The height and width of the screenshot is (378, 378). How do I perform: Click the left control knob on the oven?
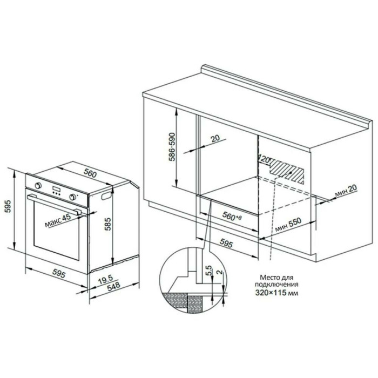point(38,186)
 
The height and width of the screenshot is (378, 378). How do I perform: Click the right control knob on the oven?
point(72,197)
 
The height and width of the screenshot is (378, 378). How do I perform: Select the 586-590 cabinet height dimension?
point(172,146)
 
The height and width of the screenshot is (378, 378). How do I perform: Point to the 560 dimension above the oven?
point(90,173)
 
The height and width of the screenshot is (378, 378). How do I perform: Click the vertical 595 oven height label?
point(9,206)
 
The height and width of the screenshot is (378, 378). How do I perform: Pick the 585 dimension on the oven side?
point(108,224)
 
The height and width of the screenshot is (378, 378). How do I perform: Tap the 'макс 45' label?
point(58,220)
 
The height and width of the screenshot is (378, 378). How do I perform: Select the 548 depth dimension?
point(113,286)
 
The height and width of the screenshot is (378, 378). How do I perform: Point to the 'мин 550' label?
point(288,225)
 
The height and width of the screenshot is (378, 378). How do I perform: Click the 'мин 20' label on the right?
point(346,190)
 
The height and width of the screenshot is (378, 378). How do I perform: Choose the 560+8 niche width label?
point(232,216)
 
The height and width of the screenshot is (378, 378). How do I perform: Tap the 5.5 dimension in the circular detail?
point(209,270)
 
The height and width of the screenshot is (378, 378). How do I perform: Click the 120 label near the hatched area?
point(264,159)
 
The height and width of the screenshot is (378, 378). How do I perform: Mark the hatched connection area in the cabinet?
point(287,171)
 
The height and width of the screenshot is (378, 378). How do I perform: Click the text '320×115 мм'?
point(277,293)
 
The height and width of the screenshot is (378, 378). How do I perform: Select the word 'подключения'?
point(276,285)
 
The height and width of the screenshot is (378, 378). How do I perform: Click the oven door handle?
point(53,205)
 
